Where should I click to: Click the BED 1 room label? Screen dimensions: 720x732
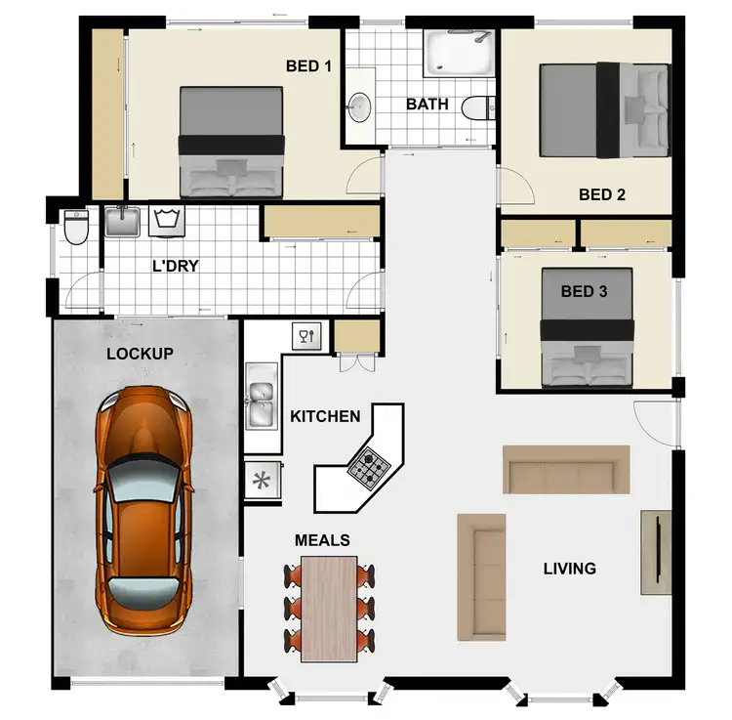[308, 66]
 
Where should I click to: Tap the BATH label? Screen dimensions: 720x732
[427, 104]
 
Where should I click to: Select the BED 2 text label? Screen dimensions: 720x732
[601, 194]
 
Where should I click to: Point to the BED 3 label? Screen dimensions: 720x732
[584, 291]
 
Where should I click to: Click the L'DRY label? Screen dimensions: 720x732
[176, 266]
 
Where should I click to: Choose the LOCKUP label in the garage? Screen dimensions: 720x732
[140, 353]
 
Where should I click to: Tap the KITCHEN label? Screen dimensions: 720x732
[325, 416]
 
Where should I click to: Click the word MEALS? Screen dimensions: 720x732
[322, 539]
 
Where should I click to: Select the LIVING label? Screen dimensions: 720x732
[569, 568]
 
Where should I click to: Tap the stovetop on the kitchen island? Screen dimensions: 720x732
[369, 468]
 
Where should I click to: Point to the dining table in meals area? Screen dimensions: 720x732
[329, 606]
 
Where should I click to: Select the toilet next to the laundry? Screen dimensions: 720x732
[75, 227]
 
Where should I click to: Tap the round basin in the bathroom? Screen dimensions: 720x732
[359, 104]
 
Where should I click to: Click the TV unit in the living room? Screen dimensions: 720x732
[656, 552]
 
